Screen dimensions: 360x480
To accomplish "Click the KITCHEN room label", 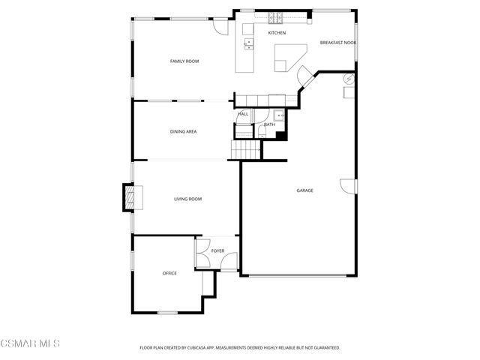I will coord(277,33).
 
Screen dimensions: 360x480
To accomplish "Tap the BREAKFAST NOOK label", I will coord(337,43).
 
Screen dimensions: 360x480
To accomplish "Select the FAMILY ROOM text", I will coord(184,61).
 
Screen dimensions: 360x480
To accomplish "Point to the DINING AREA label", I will coord(183,131).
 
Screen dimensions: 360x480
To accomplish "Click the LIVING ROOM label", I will coord(187,199).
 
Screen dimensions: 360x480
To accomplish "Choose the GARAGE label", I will coord(304,190).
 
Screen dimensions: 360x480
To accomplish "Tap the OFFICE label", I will coord(169,273).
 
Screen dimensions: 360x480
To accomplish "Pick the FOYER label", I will coord(217,250).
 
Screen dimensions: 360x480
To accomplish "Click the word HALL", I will coord(243,114).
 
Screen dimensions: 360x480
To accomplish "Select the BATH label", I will coord(268,124).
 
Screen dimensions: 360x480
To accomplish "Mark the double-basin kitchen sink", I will coord(247,45).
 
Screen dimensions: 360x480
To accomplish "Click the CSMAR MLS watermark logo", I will coord(30,343).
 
